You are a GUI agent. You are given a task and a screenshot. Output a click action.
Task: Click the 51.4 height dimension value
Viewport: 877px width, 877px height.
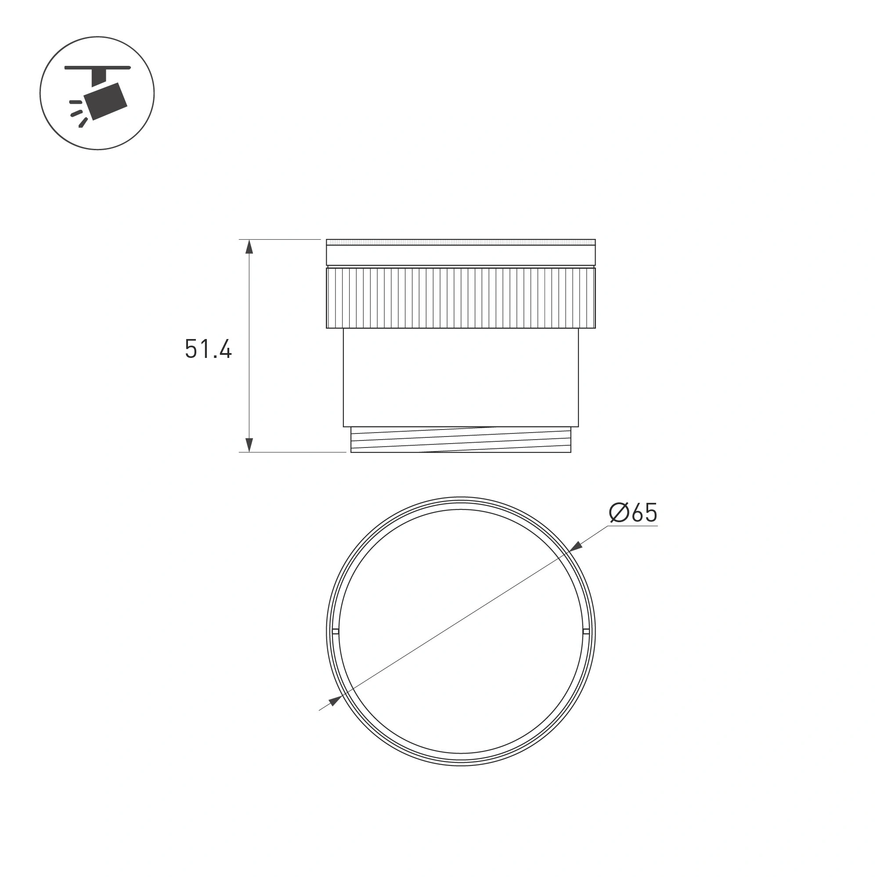pos(208,349)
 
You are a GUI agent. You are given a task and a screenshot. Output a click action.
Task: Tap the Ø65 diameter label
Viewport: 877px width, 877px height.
pos(633,512)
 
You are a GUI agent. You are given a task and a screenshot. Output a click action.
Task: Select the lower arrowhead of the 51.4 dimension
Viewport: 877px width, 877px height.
pos(249,445)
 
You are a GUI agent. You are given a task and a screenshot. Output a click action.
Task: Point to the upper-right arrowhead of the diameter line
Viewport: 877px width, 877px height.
pos(576,547)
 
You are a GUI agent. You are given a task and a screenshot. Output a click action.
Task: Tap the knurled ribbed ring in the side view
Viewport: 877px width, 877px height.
pos(461,298)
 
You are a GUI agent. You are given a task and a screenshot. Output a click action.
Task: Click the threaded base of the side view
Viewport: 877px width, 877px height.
pos(461,440)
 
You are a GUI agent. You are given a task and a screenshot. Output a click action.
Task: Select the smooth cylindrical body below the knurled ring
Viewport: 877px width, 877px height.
pos(461,377)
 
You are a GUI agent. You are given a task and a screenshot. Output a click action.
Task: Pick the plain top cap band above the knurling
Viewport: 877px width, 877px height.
pos(461,253)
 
